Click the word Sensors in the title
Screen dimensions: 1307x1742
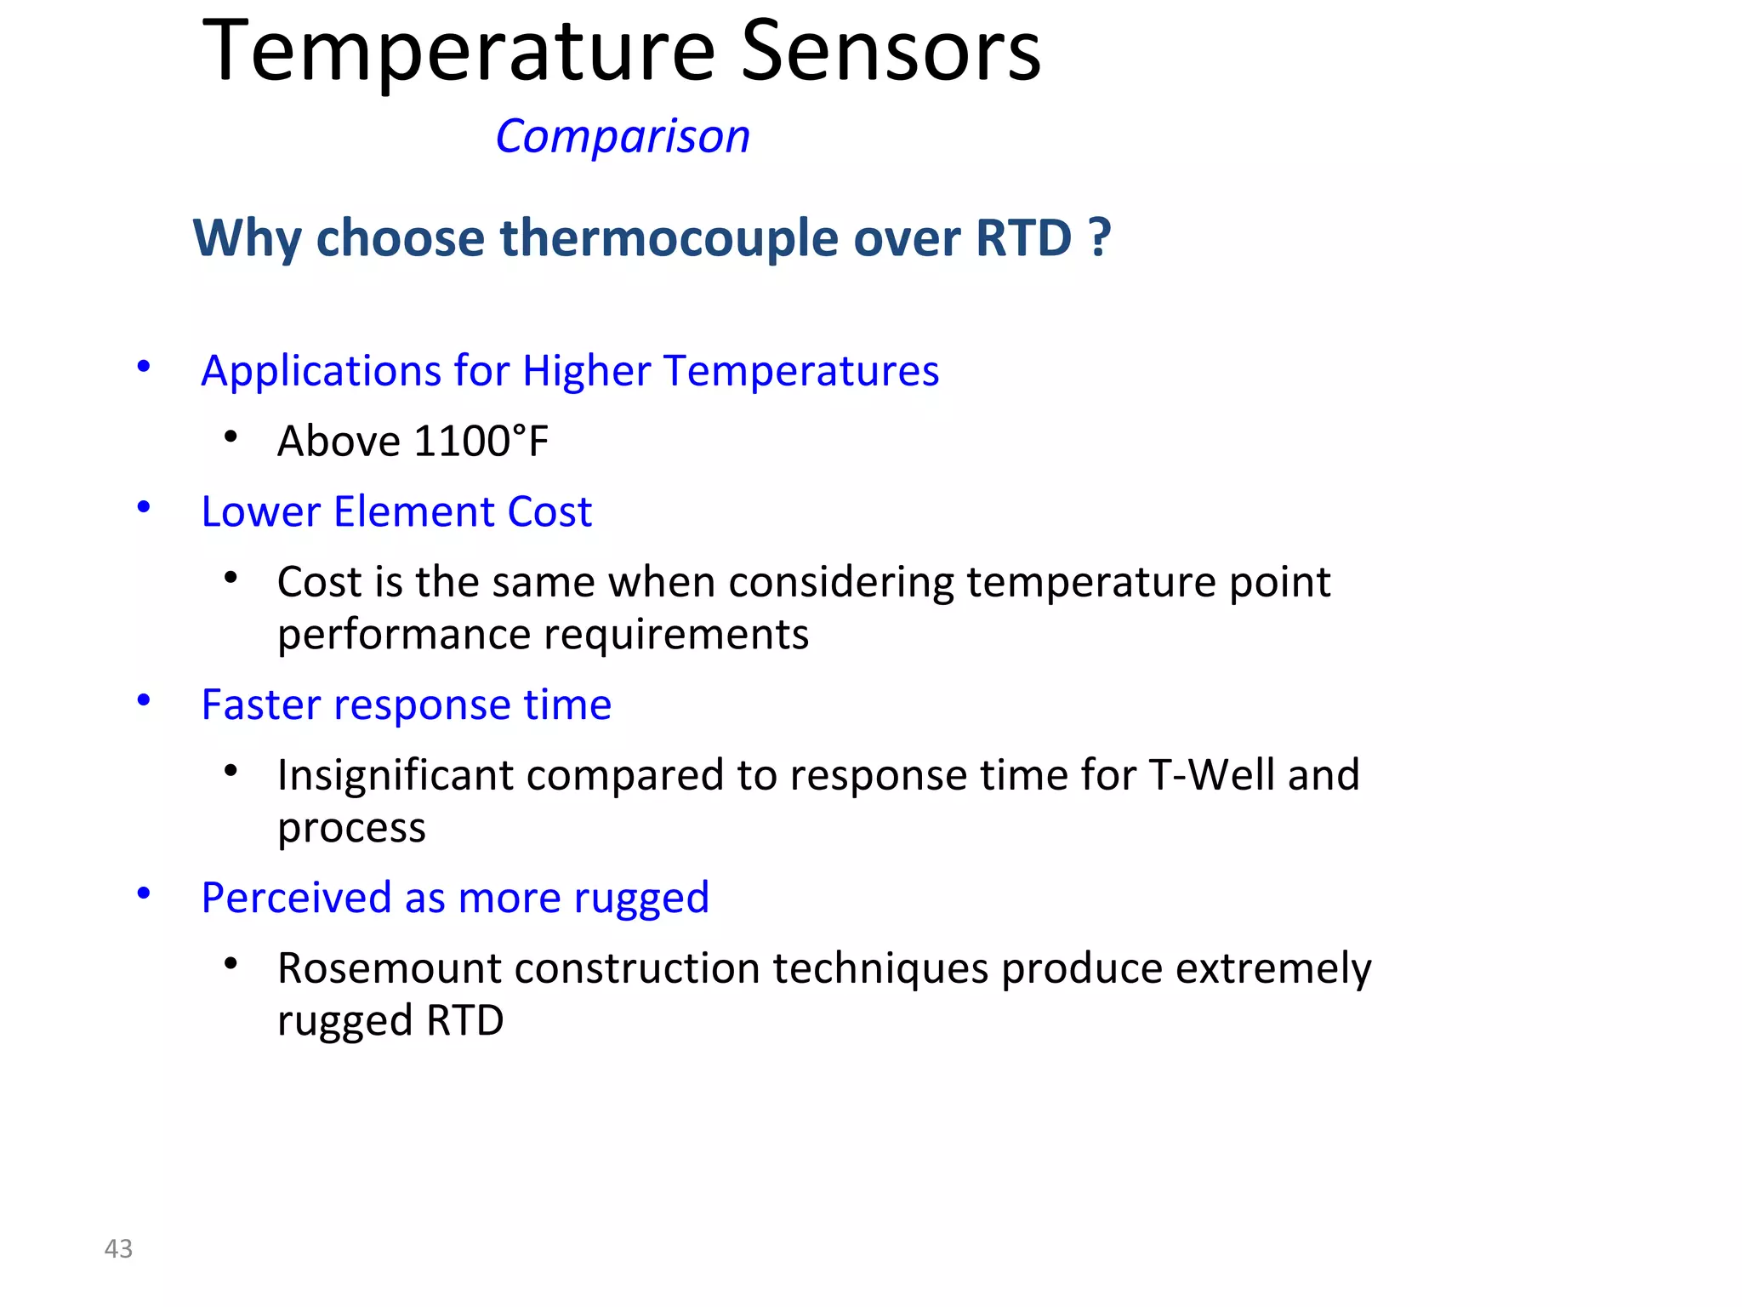point(891,53)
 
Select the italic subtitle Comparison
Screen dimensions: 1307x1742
point(623,136)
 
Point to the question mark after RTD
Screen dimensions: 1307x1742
point(1100,237)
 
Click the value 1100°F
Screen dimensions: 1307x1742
point(481,442)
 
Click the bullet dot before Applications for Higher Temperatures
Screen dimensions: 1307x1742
point(144,367)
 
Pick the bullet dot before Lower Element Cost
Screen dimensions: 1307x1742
point(144,507)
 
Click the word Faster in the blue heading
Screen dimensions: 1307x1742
point(260,705)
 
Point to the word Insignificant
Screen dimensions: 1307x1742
point(396,775)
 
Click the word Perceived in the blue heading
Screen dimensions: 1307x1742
point(296,899)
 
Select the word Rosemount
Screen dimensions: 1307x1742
point(390,968)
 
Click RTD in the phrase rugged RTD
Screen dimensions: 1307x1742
point(465,1020)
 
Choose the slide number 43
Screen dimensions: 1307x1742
point(118,1248)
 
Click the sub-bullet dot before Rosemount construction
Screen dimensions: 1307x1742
point(231,964)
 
